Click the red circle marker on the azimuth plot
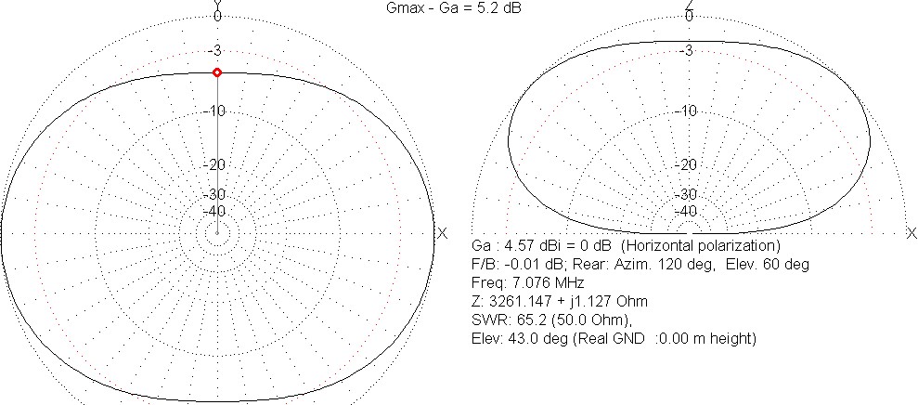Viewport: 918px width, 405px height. (x=217, y=72)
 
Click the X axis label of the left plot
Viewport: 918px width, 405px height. (x=443, y=233)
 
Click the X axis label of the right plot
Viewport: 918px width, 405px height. (x=912, y=233)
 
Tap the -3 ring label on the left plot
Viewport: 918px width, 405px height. (x=217, y=50)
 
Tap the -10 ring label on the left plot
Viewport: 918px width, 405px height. (x=217, y=111)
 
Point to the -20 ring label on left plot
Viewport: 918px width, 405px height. (x=217, y=164)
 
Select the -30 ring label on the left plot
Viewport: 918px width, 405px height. (x=217, y=194)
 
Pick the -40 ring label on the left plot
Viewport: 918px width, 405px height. (x=217, y=211)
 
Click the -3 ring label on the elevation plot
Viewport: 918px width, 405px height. (x=689, y=50)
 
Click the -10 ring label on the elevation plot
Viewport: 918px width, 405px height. (x=689, y=111)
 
